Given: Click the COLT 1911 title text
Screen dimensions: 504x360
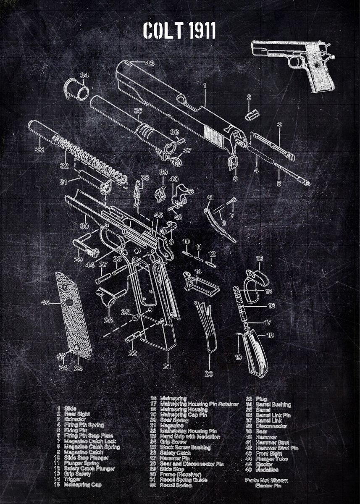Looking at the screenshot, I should [179, 31].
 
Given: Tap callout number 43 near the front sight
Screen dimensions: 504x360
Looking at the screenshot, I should [150, 63].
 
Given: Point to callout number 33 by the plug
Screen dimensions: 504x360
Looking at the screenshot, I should [39, 149].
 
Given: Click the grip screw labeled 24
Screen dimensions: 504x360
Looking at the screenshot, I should [60, 356].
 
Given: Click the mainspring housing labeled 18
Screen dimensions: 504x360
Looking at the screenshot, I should [255, 353].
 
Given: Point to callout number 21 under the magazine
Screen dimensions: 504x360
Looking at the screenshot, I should [168, 366].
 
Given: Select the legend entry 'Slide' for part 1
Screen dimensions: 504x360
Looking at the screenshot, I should [70, 408].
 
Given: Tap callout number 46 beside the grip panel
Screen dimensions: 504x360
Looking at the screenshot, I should [45, 302].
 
